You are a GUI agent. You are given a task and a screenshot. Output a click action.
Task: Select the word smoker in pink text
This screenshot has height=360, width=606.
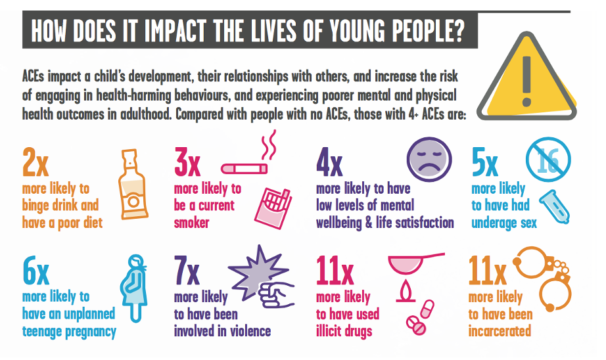[x=192, y=223]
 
